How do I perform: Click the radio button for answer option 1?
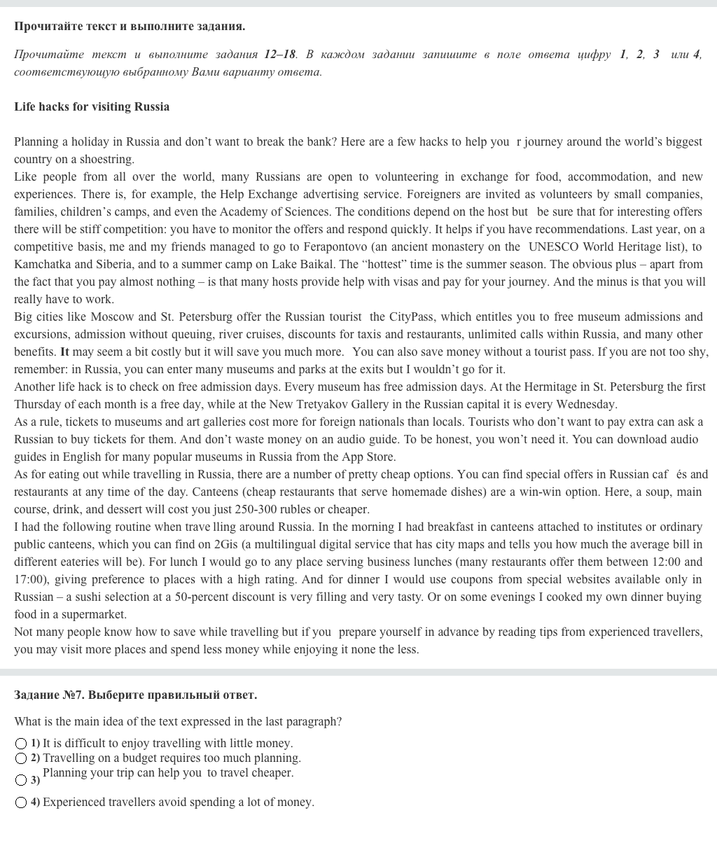(x=22, y=743)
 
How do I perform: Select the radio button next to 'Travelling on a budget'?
(x=22, y=758)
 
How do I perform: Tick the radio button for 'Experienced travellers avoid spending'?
(x=22, y=802)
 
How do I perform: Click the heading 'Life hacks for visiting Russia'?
(x=92, y=106)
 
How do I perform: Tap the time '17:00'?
(x=29, y=579)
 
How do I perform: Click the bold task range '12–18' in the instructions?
(x=280, y=54)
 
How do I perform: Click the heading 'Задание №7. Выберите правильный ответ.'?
(x=135, y=695)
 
